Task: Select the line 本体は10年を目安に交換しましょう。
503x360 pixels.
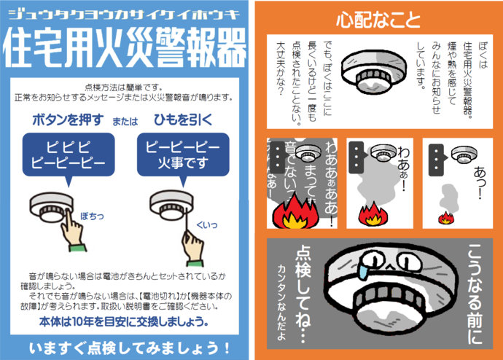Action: [x=125, y=321]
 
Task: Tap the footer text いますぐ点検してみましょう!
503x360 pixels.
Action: [x=125, y=345]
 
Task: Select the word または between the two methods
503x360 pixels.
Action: [x=124, y=121]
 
